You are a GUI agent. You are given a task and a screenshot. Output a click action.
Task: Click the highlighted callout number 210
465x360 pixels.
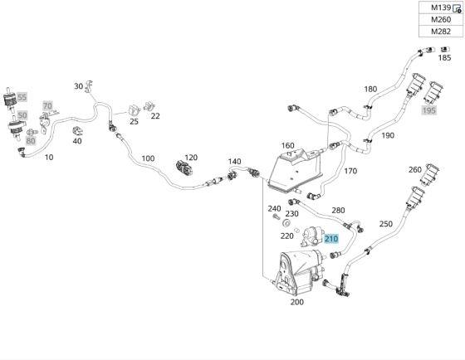pyautogui.click(x=331, y=239)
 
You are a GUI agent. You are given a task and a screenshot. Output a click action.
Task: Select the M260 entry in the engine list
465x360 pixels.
pyautogui.click(x=441, y=20)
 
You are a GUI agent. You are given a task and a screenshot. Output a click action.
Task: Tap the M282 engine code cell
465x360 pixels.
pyautogui.click(x=441, y=32)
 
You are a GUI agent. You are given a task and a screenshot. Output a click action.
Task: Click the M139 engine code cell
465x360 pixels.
pyautogui.click(x=441, y=7)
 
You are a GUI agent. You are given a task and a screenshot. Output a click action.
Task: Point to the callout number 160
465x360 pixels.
pyautogui.click(x=287, y=145)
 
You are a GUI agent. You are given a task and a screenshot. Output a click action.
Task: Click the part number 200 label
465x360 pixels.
pyautogui.click(x=297, y=302)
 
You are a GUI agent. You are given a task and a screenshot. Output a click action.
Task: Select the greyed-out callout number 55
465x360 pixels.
pyautogui.click(x=22, y=97)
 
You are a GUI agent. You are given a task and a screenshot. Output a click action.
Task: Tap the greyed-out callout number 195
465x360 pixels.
pyautogui.click(x=428, y=110)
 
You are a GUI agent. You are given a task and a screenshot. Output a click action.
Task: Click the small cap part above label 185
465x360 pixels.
pyautogui.click(x=445, y=49)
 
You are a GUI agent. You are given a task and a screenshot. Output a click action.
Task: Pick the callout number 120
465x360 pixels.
pyautogui.click(x=191, y=158)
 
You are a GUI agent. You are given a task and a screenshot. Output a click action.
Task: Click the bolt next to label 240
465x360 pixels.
pyautogui.click(x=276, y=217)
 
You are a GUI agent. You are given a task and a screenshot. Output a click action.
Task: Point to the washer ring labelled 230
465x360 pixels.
pyautogui.click(x=286, y=222)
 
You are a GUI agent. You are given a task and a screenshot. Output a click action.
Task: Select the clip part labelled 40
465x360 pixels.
pyautogui.click(x=77, y=130)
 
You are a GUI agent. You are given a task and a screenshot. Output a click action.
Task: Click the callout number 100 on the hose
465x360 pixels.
pyautogui.click(x=148, y=158)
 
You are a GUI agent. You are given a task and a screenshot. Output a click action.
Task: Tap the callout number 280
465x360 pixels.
pyautogui.click(x=338, y=211)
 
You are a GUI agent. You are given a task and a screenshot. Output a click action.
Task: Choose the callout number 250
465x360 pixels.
pyautogui.click(x=386, y=224)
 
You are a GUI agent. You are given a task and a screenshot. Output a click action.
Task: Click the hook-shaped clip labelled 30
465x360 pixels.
pyautogui.click(x=88, y=86)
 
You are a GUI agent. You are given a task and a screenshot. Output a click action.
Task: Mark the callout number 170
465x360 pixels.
pyautogui.click(x=350, y=171)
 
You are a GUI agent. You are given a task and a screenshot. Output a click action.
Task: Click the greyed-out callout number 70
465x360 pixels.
pyautogui.click(x=47, y=106)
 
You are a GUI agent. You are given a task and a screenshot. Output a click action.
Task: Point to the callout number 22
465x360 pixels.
pyautogui.click(x=155, y=116)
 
